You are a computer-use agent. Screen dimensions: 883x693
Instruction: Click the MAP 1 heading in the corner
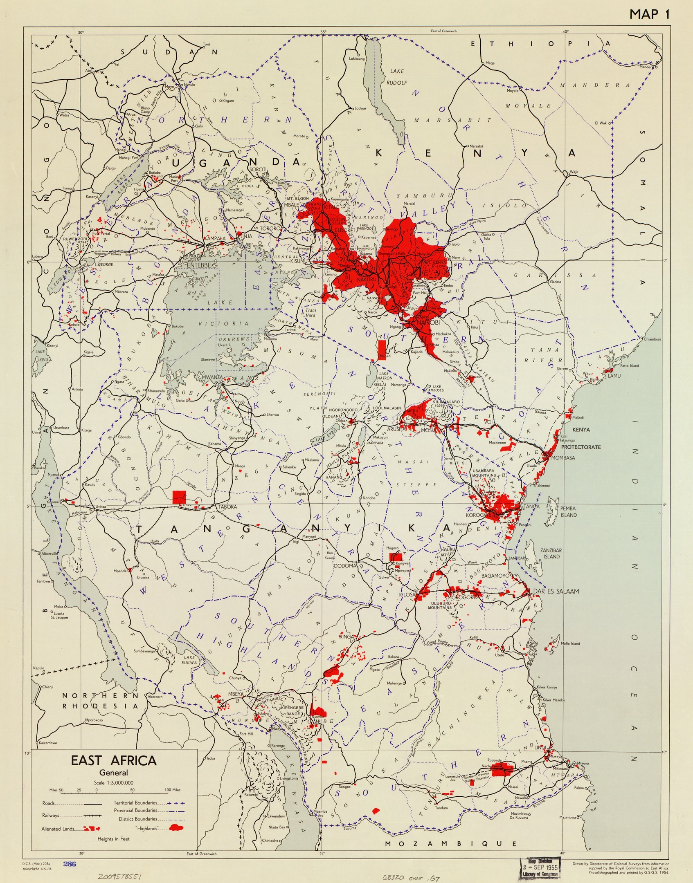(x=649, y=14)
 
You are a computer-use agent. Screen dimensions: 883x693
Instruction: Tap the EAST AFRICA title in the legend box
(x=114, y=760)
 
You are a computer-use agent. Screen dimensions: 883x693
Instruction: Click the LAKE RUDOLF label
(x=396, y=77)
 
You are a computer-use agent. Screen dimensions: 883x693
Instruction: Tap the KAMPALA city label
(x=214, y=238)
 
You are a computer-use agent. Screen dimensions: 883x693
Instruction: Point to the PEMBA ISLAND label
(x=568, y=512)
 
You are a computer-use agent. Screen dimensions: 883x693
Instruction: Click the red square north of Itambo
(x=179, y=497)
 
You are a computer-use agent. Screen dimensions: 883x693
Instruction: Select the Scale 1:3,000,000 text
(x=113, y=783)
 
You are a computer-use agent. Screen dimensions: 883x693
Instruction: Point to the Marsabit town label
(x=476, y=146)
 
